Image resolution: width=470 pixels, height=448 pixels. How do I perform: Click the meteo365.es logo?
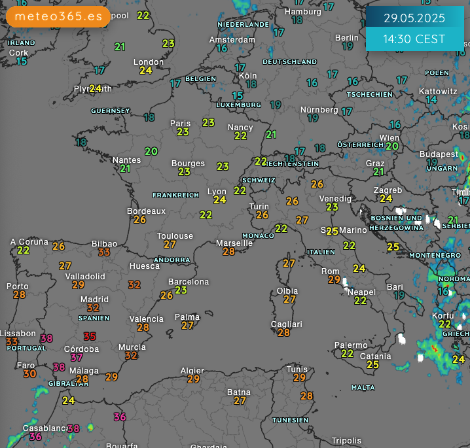(x=58, y=16)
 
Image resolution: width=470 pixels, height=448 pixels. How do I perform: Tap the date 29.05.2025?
(x=414, y=18)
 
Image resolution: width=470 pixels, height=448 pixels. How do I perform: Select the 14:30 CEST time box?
(x=414, y=39)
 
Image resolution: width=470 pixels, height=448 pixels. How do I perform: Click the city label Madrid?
(x=94, y=300)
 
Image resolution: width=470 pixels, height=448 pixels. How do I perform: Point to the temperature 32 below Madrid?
(x=94, y=308)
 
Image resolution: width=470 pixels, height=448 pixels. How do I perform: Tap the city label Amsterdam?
(x=232, y=39)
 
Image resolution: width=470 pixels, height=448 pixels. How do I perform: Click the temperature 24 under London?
(x=146, y=71)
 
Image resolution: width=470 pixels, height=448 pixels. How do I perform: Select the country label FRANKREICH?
(x=175, y=195)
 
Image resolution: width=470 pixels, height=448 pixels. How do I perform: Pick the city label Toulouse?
(x=175, y=236)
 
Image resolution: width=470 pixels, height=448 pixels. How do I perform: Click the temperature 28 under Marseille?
(x=228, y=252)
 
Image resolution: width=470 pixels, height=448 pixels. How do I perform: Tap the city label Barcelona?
(x=189, y=282)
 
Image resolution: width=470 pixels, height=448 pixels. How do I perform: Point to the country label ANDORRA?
(x=172, y=260)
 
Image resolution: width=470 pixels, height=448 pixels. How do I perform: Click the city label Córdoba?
(x=81, y=349)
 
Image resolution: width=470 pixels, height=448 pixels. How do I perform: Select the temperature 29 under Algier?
(x=193, y=379)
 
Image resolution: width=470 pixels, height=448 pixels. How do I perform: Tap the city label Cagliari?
(x=287, y=324)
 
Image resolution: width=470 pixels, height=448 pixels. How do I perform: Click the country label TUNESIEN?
(x=290, y=420)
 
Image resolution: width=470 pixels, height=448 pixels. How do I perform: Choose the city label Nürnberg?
(x=319, y=110)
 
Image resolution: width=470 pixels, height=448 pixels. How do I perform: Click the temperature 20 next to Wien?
(x=392, y=146)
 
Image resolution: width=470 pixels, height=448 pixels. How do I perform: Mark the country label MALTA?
(x=363, y=387)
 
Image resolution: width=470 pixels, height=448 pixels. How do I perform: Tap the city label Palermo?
(x=351, y=345)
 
